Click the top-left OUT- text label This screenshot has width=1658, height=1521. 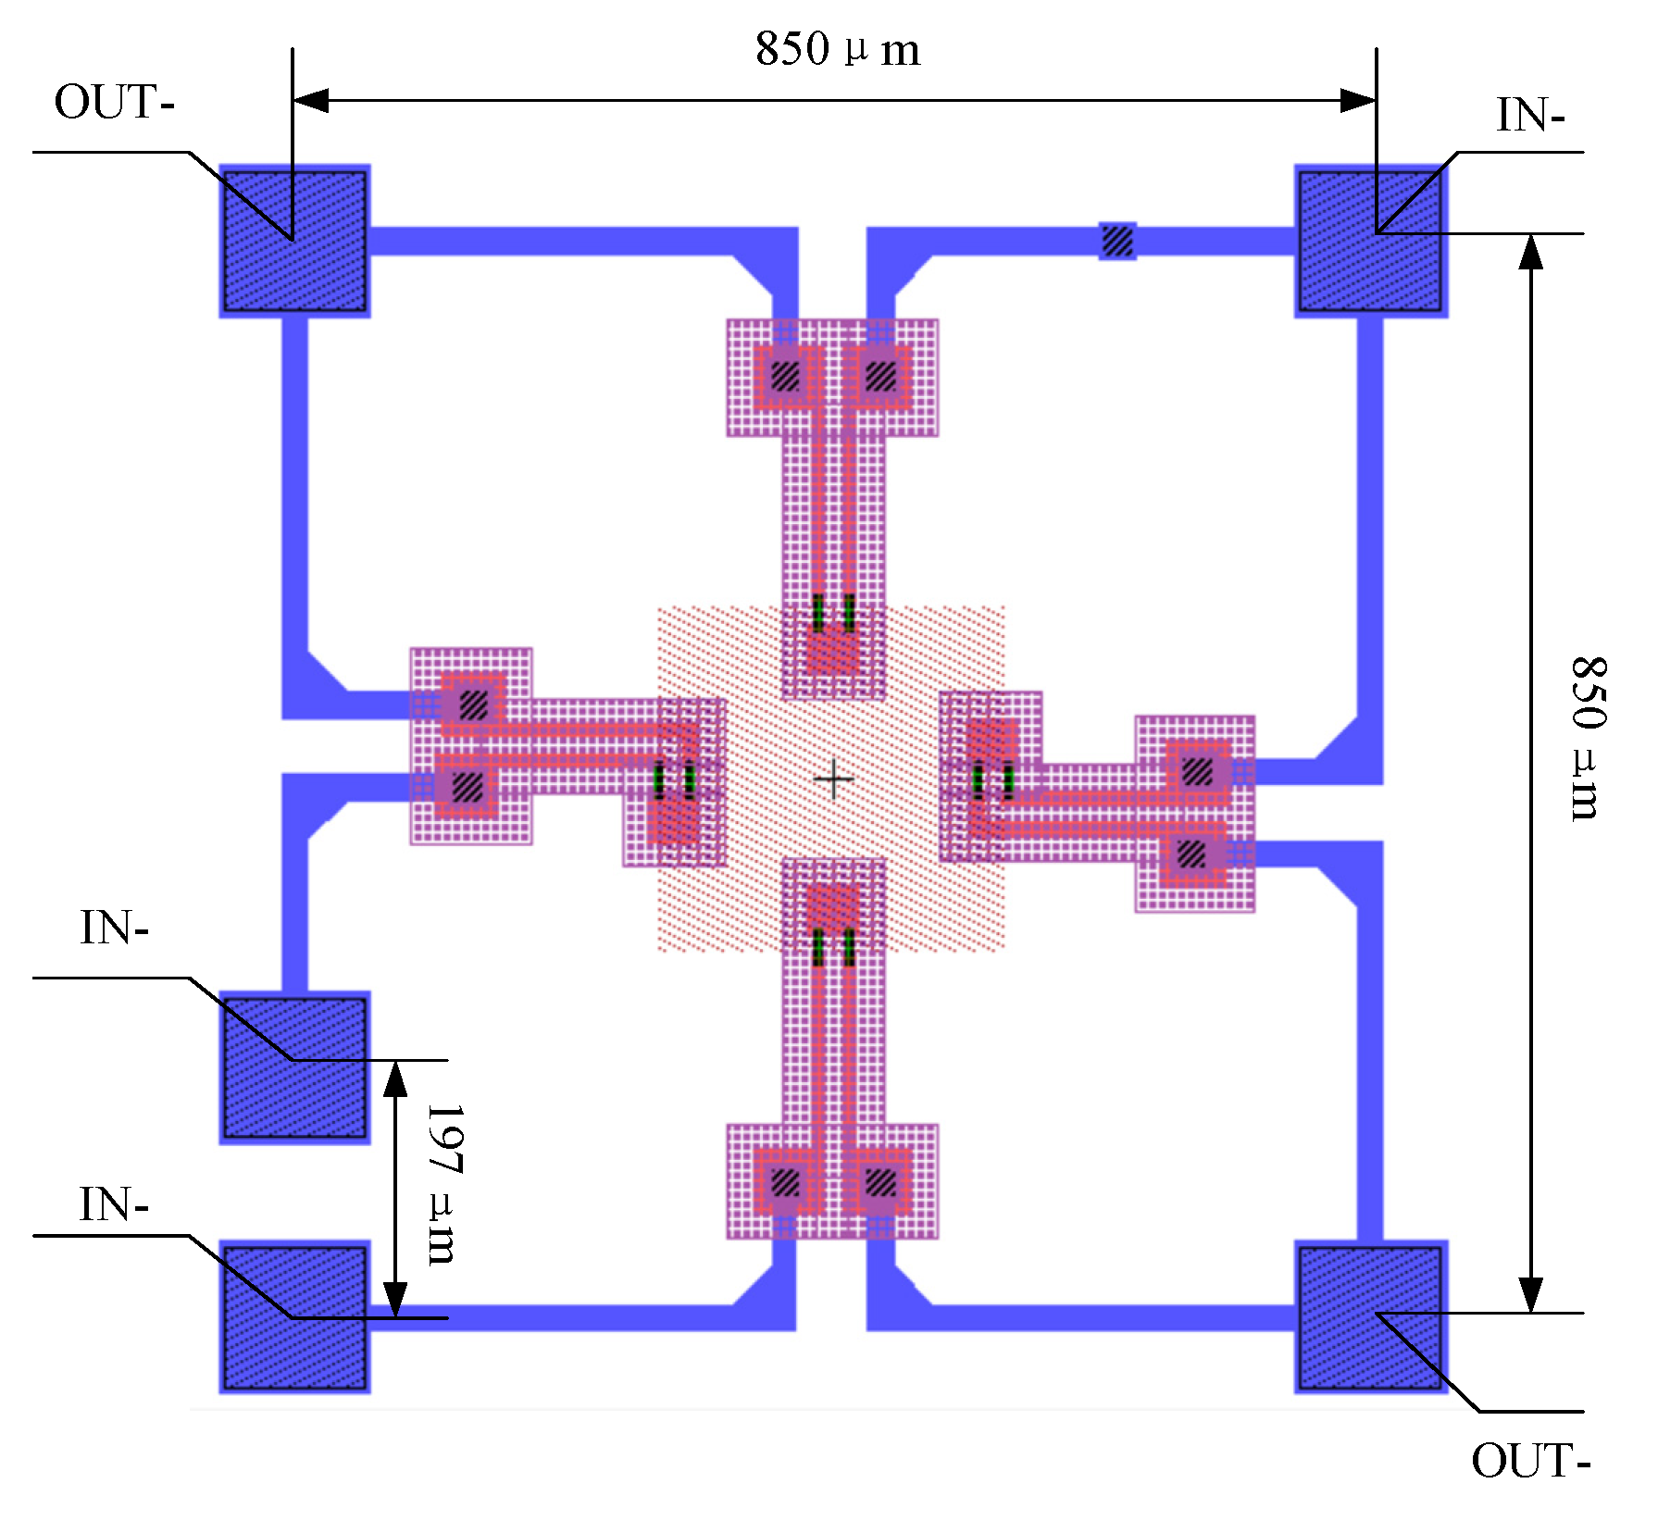coord(114,102)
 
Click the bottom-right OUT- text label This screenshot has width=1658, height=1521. coord(1530,1462)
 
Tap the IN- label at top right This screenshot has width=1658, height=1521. coord(1530,117)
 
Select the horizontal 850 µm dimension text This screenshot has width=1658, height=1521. coord(837,49)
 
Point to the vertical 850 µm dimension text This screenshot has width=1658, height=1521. coord(1589,738)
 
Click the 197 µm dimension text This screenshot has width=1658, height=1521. coord(443,1184)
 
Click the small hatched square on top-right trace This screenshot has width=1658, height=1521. coord(1117,241)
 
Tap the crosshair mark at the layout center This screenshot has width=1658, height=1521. coord(833,779)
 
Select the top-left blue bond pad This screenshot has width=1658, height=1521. coord(294,241)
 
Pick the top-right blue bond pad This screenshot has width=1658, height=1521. coord(1370,241)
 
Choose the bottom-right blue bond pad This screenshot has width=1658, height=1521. coord(1370,1316)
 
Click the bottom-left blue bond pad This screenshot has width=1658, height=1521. coord(294,1316)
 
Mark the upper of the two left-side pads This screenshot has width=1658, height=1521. coord(294,1067)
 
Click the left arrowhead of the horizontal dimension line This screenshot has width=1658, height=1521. coord(311,100)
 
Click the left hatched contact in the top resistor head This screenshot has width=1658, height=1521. coord(785,376)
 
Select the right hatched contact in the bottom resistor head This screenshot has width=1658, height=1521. coord(880,1182)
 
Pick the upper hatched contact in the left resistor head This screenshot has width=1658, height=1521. coord(473,705)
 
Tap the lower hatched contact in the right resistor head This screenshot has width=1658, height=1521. coord(1191,854)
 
